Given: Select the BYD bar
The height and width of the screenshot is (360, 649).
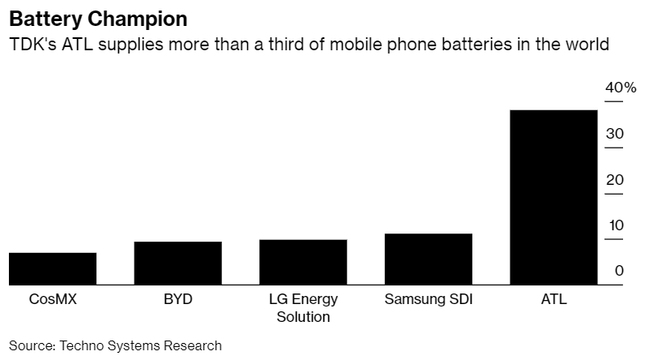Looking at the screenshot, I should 177,263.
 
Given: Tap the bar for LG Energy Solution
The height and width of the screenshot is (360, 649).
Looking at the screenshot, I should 303,262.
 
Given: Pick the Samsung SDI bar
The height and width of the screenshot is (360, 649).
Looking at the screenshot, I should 428,259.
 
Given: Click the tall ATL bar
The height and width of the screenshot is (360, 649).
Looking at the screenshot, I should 553,197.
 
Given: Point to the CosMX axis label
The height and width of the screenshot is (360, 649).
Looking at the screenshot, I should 53,299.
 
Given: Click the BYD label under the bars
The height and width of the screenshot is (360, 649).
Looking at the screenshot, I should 177,299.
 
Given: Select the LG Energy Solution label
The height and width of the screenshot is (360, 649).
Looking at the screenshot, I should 303,308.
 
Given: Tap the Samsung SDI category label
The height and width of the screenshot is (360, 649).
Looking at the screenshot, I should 428,299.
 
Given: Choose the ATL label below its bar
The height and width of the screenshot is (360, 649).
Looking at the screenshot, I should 553,299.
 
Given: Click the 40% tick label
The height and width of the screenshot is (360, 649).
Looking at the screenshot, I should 619,88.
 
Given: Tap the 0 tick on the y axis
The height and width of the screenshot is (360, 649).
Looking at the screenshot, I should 619,271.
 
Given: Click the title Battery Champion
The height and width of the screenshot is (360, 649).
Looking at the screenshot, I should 92,18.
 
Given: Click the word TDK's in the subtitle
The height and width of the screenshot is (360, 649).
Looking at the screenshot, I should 32,44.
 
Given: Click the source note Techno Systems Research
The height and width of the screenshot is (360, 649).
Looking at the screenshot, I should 139,345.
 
